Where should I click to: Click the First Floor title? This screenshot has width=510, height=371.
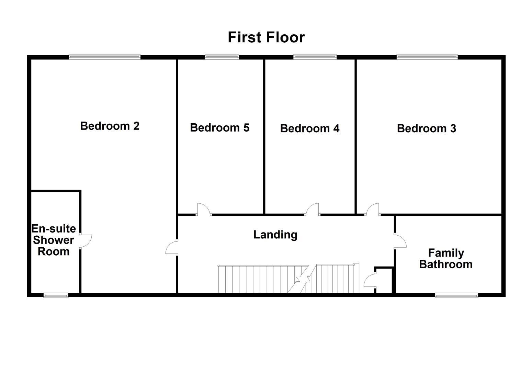click(266, 37)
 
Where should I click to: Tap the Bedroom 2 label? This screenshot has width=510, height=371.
click(110, 126)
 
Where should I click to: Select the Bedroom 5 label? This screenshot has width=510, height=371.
click(219, 127)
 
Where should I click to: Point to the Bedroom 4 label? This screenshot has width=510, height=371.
click(309, 128)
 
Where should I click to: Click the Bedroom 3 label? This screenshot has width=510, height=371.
click(426, 128)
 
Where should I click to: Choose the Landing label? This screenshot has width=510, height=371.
click(275, 235)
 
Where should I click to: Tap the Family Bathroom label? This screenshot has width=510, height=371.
click(446, 259)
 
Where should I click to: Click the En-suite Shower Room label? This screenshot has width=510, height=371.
click(54, 240)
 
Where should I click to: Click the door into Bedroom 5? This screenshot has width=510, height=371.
click(204, 210)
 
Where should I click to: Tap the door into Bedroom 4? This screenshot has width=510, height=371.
click(313, 210)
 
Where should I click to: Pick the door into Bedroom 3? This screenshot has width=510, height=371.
click(373, 210)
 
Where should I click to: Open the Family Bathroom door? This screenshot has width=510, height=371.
click(400, 241)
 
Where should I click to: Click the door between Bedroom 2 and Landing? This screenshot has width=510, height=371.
click(172, 247)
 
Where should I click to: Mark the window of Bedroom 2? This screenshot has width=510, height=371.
click(104, 57)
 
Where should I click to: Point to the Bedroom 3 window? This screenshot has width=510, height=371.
click(427, 57)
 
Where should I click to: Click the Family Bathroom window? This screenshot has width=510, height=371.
click(456, 295)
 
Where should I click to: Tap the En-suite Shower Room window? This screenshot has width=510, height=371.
click(56, 295)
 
